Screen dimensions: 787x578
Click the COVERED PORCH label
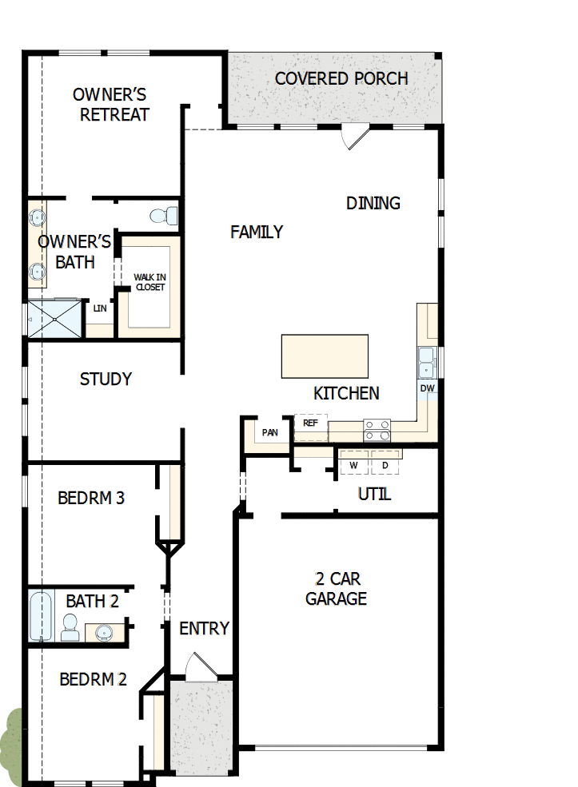coord(341,78)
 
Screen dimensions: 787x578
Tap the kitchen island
coord(325,356)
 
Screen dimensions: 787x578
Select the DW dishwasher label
coord(428,388)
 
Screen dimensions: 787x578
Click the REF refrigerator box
coord(311,423)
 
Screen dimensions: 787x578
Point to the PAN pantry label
coord(270,433)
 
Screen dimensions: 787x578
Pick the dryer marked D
coord(385,465)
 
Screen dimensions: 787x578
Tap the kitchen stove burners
coord(377,431)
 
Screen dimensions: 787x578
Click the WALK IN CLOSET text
coord(149,282)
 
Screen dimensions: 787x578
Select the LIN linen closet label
coord(100,308)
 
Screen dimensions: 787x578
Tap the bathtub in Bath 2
coord(41,615)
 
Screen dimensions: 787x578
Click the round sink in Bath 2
coord(103,634)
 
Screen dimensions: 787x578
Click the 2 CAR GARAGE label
coord(336,588)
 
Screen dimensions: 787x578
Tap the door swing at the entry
coord(197,666)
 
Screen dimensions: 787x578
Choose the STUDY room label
coord(106,379)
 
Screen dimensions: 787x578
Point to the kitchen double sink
coord(427,361)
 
